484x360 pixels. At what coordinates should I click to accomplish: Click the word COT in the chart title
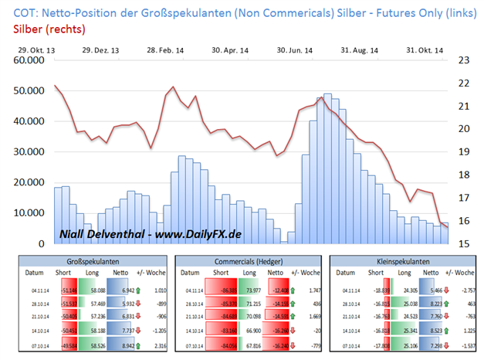(x=22, y=11)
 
